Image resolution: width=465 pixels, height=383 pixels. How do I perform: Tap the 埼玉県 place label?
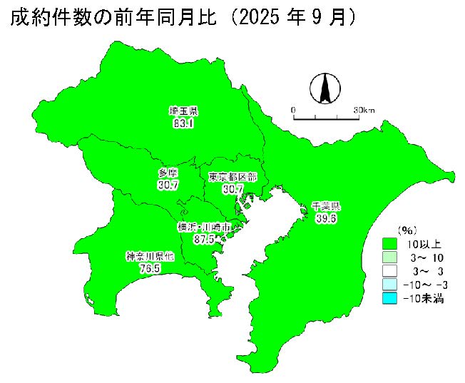(183, 111)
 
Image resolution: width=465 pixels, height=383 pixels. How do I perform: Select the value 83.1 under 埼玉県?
(183, 123)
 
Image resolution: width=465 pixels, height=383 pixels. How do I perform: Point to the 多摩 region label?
(168, 173)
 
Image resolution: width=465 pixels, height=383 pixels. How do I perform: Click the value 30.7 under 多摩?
(168, 185)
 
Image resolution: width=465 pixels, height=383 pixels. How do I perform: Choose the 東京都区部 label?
(232, 177)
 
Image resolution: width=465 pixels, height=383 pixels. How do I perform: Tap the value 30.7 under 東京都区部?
(233, 189)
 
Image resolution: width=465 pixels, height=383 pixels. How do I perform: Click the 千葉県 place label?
(326, 207)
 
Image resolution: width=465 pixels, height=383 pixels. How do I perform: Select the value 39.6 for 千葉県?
(326, 218)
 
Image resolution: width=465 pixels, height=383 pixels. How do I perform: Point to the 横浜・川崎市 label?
(204, 228)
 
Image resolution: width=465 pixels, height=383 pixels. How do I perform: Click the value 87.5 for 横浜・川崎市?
(204, 239)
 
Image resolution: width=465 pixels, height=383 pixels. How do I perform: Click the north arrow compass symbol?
(323, 88)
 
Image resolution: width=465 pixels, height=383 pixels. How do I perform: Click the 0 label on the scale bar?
(293, 110)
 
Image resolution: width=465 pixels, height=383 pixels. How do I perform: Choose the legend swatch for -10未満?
(389, 299)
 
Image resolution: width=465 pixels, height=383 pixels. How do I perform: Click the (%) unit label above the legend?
(407, 230)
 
